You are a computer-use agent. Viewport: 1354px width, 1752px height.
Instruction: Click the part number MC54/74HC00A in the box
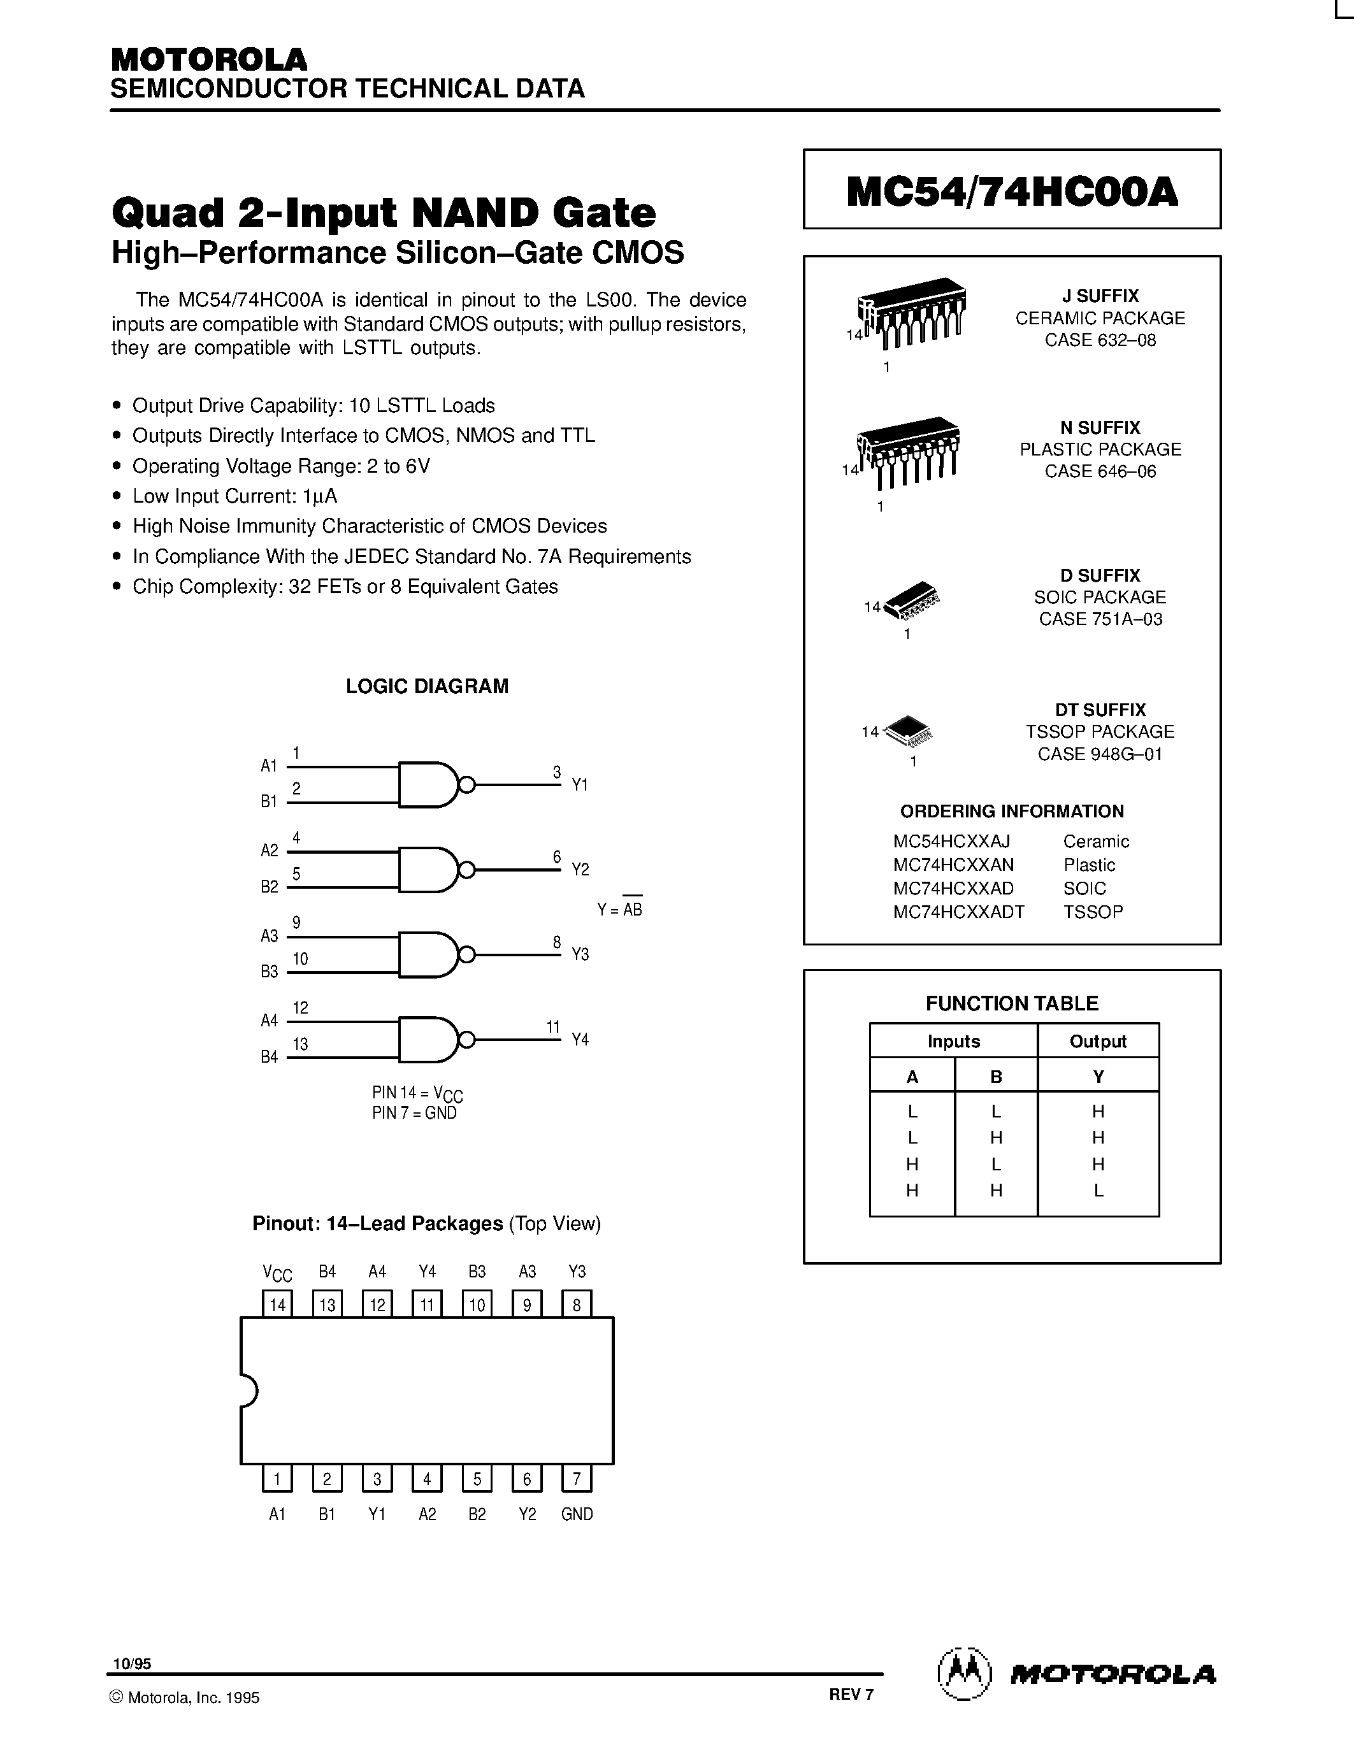click(1011, 192)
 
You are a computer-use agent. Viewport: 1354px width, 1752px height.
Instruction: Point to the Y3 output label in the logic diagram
click(580, 954)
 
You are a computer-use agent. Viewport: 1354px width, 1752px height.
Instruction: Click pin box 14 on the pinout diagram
click(278, 1305)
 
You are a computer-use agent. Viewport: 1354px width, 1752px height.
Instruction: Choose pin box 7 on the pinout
click(576, 1479)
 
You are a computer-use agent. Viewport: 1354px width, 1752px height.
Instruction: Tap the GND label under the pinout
click(577, 1514)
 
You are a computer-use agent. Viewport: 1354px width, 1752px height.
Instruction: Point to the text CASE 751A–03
click(1100, 619)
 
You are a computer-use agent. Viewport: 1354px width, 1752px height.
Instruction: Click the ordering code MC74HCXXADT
click(958, 912)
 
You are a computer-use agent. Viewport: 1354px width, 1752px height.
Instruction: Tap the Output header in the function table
click(1097, 1041)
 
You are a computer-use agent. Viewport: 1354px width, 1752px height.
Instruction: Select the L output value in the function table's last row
click(1098, 1191)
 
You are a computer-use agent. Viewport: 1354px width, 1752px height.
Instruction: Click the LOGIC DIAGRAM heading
click(427, 687)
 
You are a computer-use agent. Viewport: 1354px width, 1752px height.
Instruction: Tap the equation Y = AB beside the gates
click(619, 910)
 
